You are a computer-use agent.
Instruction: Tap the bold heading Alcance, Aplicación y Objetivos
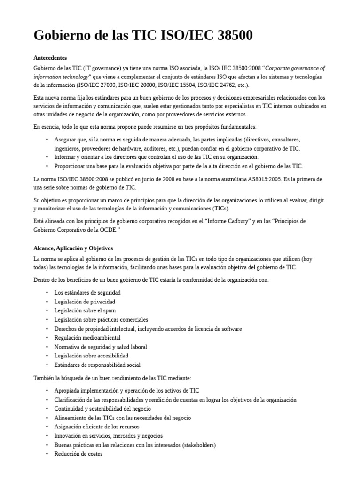pyautogui.click(x=73, y=248)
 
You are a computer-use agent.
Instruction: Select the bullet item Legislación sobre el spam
pyautogui.click(x=85, y=310)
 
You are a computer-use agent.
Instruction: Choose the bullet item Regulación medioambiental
pyautogui.click(x=87, y=338)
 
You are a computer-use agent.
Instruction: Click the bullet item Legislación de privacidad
pyautogui.click(x=85, y=302)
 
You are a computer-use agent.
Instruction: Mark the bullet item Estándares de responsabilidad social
pyautogui.click(x=97, y=365)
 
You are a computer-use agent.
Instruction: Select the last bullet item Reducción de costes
pyautogui.click(x=78, y=454)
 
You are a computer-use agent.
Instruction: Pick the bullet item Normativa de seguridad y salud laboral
pyautogui.click(x=101, y=347)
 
